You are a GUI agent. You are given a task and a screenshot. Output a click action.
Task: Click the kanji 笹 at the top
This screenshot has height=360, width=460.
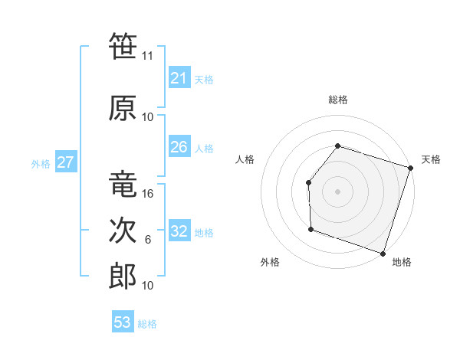pyautogui.click(x=123, y=47)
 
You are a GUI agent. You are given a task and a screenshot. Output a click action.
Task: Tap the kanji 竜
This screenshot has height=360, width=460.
pyautogui.click(x=123, y=185)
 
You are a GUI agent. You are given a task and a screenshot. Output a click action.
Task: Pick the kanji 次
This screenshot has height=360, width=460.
pyautogui.click(x=123, y=231)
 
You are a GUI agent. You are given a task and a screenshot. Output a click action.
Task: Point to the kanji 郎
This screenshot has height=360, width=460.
pyautogui.click(x=123, y=277)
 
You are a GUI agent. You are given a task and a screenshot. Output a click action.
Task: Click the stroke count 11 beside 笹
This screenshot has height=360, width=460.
pyautogui.click(x=148, y=56)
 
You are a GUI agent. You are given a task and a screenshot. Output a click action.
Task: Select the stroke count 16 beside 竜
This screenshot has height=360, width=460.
pyautogui.click(x=148, y=194)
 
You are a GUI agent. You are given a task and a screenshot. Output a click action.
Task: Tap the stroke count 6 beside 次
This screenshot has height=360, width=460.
pyautogui.click(x=148, y=240)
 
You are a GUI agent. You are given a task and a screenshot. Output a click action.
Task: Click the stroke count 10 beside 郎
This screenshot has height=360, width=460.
pyautogui.click(x=148, y=286)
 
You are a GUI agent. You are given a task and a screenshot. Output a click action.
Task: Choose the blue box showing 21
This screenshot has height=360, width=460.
pyautogui.click(x=179, y=77)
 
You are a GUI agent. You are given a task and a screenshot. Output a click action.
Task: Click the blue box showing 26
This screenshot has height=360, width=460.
pyautogui.click(x=179, y=146)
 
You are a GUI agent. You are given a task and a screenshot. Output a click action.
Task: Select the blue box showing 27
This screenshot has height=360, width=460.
pyautogui.click(x=65, y=162)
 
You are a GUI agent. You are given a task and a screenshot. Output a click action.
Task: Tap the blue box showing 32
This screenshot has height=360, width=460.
pyautogui.click(x=179, y=231)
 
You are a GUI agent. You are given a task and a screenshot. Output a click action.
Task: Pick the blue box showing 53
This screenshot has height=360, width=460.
pyautogui.click(x=122, y=322)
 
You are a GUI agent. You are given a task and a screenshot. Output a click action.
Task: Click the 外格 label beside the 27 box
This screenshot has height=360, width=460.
pyautogui.click(x=41, y=163)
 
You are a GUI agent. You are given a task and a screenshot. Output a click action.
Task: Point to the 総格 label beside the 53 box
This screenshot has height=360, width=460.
pyautogui.click(x=147, y=324)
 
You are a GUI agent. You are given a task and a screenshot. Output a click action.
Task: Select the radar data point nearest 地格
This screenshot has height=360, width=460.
pyautogui.click(x=383, y=253)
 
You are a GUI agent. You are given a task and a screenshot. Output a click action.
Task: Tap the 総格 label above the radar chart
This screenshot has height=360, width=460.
pyautogui.click(x=338, y=100)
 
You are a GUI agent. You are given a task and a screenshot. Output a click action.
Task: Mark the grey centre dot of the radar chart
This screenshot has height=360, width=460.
pyautogui.click(x=337, y=191)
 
